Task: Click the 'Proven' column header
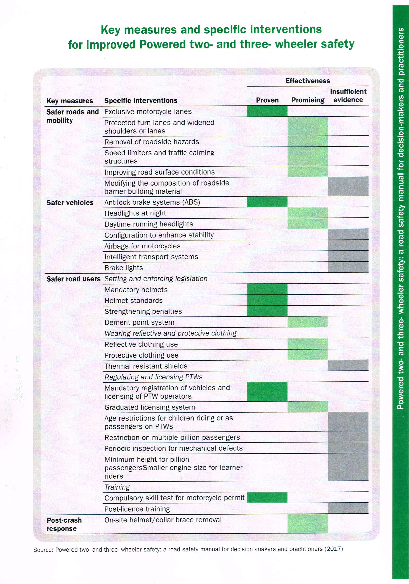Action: [267, 100]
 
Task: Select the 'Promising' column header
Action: [308, 100]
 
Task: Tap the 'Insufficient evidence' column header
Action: [348, 96]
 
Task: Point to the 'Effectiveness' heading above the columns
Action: [308, 81]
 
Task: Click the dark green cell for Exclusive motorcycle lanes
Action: [267, 111]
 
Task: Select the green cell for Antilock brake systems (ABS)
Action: [267, 202]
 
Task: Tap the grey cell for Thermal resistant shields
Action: [348, 365]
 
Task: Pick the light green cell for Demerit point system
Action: [308, 322]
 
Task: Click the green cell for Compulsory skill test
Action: [267, 498]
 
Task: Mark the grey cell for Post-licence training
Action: [348, 508]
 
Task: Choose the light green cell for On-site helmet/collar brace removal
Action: [308, 524]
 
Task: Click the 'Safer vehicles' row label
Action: [70, 203]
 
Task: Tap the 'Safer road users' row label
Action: [73, 279]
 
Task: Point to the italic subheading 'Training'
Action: [117, 487]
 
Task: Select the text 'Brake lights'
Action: [124, 268]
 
